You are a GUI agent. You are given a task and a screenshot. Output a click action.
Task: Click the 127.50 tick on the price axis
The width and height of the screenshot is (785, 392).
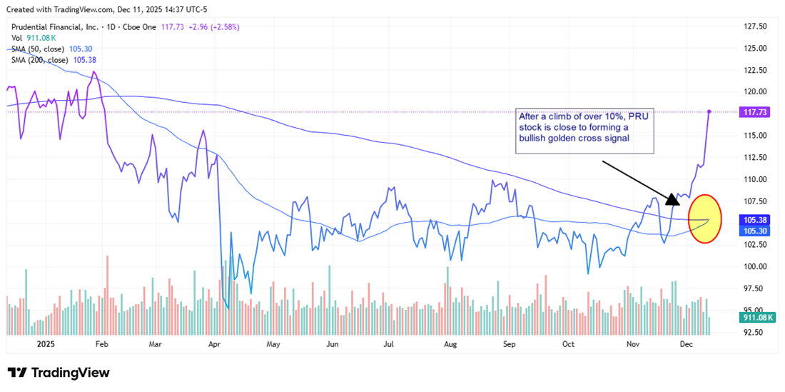tap(756, 26)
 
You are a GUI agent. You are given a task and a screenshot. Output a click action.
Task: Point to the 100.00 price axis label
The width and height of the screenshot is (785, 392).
tap(756, 266)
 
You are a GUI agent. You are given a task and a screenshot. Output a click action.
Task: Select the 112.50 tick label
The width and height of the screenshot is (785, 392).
tap(756, 157)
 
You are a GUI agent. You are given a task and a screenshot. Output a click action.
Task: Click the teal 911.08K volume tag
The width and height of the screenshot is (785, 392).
tap(756, 316)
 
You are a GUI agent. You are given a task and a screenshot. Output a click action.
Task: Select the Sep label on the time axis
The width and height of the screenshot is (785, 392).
tap(508, 344)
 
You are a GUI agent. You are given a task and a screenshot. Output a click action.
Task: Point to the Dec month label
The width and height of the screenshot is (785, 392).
tap(686, 344)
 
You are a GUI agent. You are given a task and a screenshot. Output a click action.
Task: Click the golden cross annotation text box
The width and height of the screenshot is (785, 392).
tap(584, 131)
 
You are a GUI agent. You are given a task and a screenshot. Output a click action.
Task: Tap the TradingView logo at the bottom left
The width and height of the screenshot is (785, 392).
tap(59, 373)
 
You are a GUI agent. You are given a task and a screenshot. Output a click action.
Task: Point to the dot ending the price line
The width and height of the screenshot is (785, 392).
tap(709, 111)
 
